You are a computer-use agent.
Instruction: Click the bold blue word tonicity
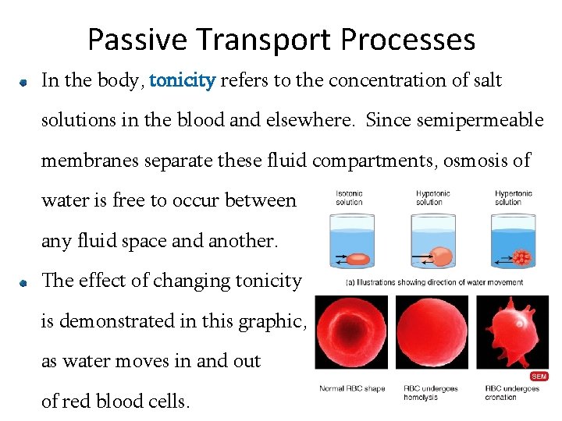pyautogui.click(x=182, y=80)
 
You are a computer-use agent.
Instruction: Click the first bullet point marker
pyautogui.click(x=25, y=82)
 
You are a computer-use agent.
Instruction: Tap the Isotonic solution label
pyautogui.click(x=349, y=197)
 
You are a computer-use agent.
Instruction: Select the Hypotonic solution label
pyautogui.click(x=429, y=197)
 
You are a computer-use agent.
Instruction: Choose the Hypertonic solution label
pyautogui.click(x=513, y=197)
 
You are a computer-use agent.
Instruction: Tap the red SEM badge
pyautogui.click(x=539, y=376)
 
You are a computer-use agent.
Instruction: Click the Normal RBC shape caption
pyautogui.click(x=352, y=388)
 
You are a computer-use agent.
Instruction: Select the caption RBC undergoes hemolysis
pyautogui.click(x=430, y=392)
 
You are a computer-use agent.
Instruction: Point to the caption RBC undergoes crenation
pyautogui.click(x=512, y=392)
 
